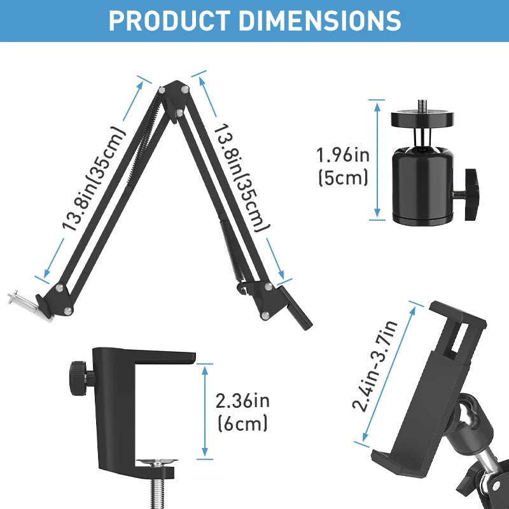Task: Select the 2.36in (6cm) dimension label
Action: [242, 411]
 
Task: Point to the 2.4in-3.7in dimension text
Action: [375, 366]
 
